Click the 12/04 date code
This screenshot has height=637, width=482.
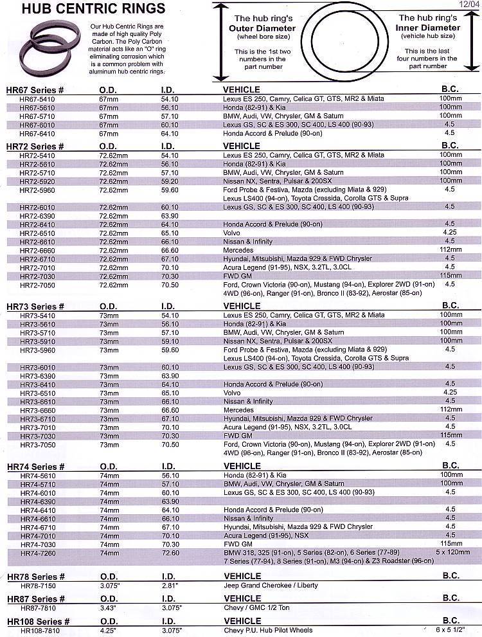tap(470, 4)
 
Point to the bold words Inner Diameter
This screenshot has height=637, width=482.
tap(429, 28)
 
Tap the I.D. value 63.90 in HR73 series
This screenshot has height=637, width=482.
tap(170, 375)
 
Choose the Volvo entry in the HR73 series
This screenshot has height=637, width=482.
tap(232, 392)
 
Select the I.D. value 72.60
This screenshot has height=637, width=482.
tap(170, 553)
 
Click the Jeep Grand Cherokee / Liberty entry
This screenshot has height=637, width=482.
tap(270, 586)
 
